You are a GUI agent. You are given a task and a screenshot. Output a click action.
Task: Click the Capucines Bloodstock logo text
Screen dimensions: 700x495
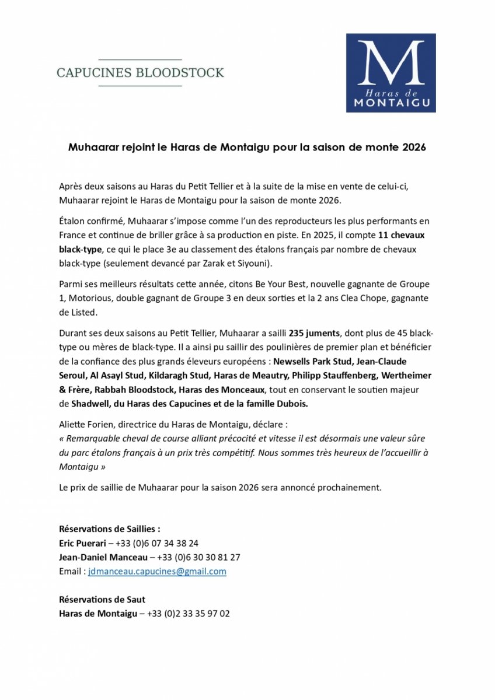(140, 73)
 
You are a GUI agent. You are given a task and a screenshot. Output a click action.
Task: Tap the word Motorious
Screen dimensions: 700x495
(82, 299)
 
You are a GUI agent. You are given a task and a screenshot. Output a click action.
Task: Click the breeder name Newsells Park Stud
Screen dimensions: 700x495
(313, 361)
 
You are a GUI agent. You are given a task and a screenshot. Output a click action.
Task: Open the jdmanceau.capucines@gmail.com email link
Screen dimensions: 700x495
(157, 572)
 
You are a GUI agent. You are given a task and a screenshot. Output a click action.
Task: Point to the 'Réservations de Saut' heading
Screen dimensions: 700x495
(102, 600)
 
